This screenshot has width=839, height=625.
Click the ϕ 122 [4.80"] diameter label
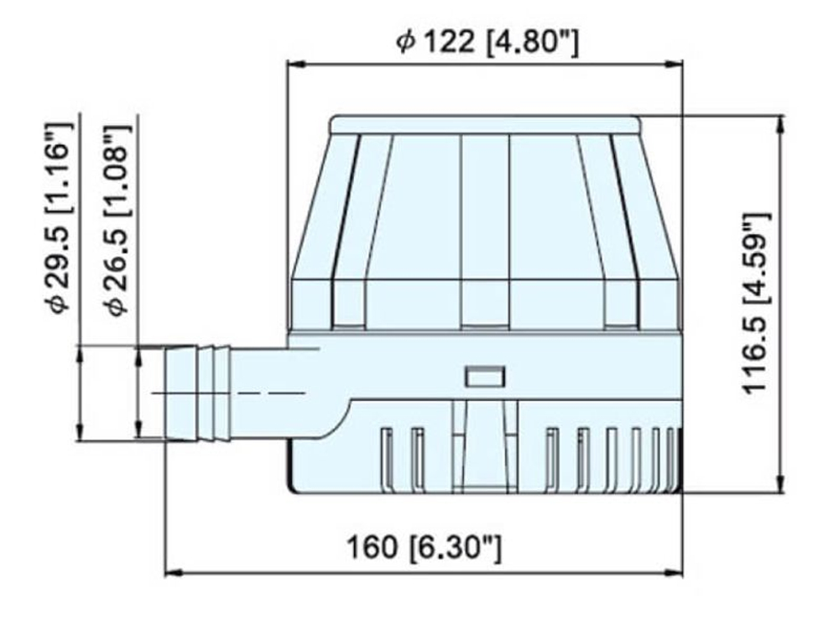(487, 42)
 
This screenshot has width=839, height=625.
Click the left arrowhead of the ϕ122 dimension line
(294, 65)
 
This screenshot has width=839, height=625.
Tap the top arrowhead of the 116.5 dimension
(781, 122)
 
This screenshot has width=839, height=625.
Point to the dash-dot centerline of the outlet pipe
(252, 393)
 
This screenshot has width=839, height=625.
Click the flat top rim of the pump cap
(485, 125)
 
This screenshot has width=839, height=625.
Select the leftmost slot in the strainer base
(386, 457)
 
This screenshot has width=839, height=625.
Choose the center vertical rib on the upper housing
(485, 231)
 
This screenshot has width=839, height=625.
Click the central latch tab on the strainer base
(485, 445)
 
